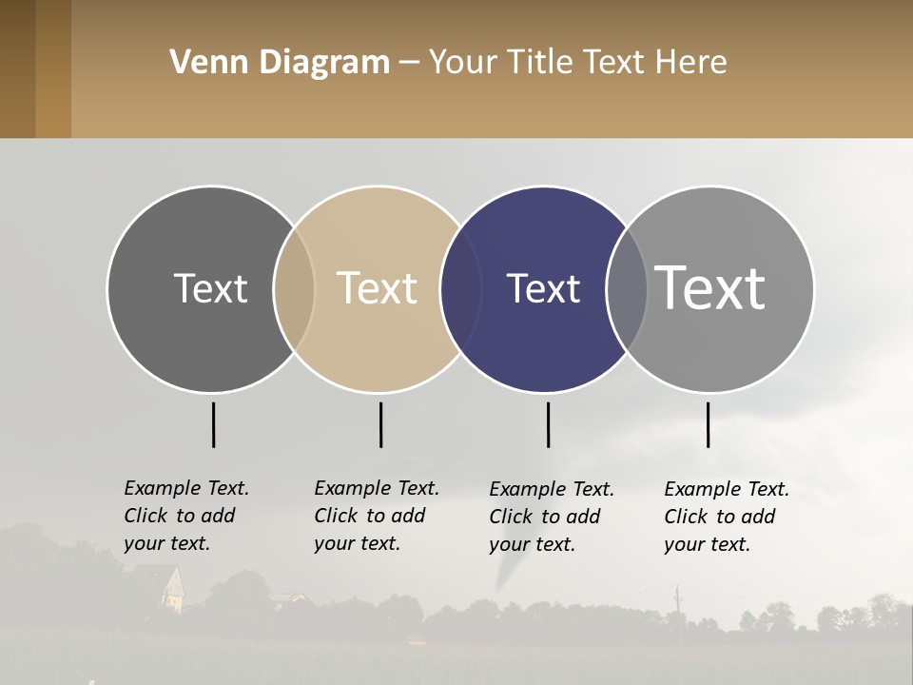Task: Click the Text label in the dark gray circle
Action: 210,288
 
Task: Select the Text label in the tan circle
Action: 377,288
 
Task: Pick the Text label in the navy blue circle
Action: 543,288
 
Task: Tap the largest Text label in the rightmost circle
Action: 710,288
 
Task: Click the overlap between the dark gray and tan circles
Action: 294,288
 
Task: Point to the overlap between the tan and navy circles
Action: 459,288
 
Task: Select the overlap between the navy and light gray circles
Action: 627,288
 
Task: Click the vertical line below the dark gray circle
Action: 213,424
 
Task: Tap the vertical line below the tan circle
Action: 380,424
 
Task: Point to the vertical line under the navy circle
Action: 548,424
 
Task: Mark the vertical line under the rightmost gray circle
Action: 708,424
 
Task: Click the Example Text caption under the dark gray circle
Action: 185,516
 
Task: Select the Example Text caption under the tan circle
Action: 376,516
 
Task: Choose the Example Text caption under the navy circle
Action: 551,517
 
